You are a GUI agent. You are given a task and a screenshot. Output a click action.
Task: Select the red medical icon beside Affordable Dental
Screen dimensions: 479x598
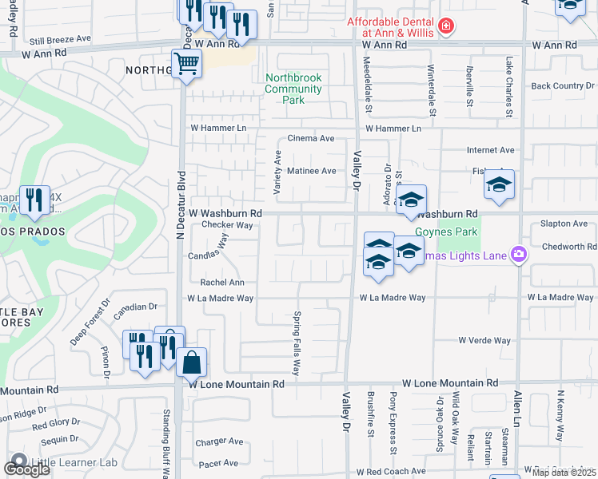coord(445,27)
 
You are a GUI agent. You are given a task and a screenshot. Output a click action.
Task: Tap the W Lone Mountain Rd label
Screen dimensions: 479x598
coord(237,384)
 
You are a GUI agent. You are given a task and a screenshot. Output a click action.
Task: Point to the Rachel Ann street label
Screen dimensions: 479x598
coord(222,283)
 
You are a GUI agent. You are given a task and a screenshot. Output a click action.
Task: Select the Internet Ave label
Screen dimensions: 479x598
coord(491,150)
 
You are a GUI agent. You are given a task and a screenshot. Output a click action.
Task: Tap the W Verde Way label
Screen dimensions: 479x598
coord(484,341)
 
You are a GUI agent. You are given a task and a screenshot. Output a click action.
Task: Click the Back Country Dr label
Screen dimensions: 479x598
coord(563,85)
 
